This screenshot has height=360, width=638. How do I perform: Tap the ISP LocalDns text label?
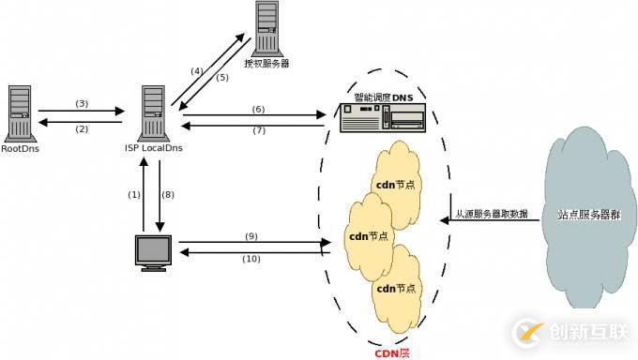click(153, 149)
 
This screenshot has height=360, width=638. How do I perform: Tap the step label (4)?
click(196, 71)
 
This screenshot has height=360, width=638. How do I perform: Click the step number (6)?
click(258, 109)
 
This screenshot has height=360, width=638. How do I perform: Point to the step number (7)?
click(258, 130)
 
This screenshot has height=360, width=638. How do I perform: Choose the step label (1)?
click(134, 194)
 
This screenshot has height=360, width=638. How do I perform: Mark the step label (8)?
click(169, 194)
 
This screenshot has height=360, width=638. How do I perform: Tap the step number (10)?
click(251, 259)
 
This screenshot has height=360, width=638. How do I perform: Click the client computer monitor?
click(152, 252)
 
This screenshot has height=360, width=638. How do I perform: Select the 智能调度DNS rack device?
click(382, 118)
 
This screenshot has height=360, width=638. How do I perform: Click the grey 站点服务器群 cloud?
click(588, 214)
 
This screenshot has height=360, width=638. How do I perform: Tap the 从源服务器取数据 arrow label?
click(491, 214)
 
